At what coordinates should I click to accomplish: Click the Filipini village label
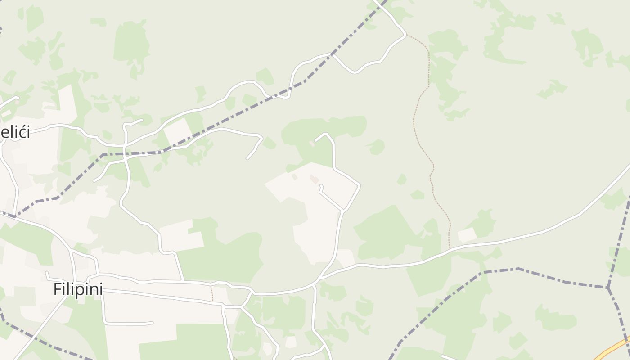[x=78, y=289]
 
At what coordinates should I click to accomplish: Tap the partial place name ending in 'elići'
[x=15, y=132]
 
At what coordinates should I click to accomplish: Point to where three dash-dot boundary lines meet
[x=608, y=287]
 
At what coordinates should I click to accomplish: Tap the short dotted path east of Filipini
[x=212, y=293]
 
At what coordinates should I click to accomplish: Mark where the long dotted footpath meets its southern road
[x=449, y=248]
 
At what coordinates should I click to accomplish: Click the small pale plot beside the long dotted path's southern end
[x=467, y=234]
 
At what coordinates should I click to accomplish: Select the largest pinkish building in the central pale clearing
[x=314, y=179]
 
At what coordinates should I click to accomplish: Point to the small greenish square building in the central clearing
[x=294, y=177]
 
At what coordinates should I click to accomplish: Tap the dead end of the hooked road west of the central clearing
[x=247, y=159]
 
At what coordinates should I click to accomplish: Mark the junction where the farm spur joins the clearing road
[x=343, y=210]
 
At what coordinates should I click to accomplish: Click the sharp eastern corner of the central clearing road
[x=360, y=184]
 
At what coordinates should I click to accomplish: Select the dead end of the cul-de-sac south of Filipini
[x=152, y=323]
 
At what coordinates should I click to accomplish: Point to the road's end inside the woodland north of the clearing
[x=315, y=141]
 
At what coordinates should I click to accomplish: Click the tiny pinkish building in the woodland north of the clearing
[x=312, y=144]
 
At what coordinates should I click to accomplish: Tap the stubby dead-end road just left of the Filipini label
[x=46, y=272]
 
